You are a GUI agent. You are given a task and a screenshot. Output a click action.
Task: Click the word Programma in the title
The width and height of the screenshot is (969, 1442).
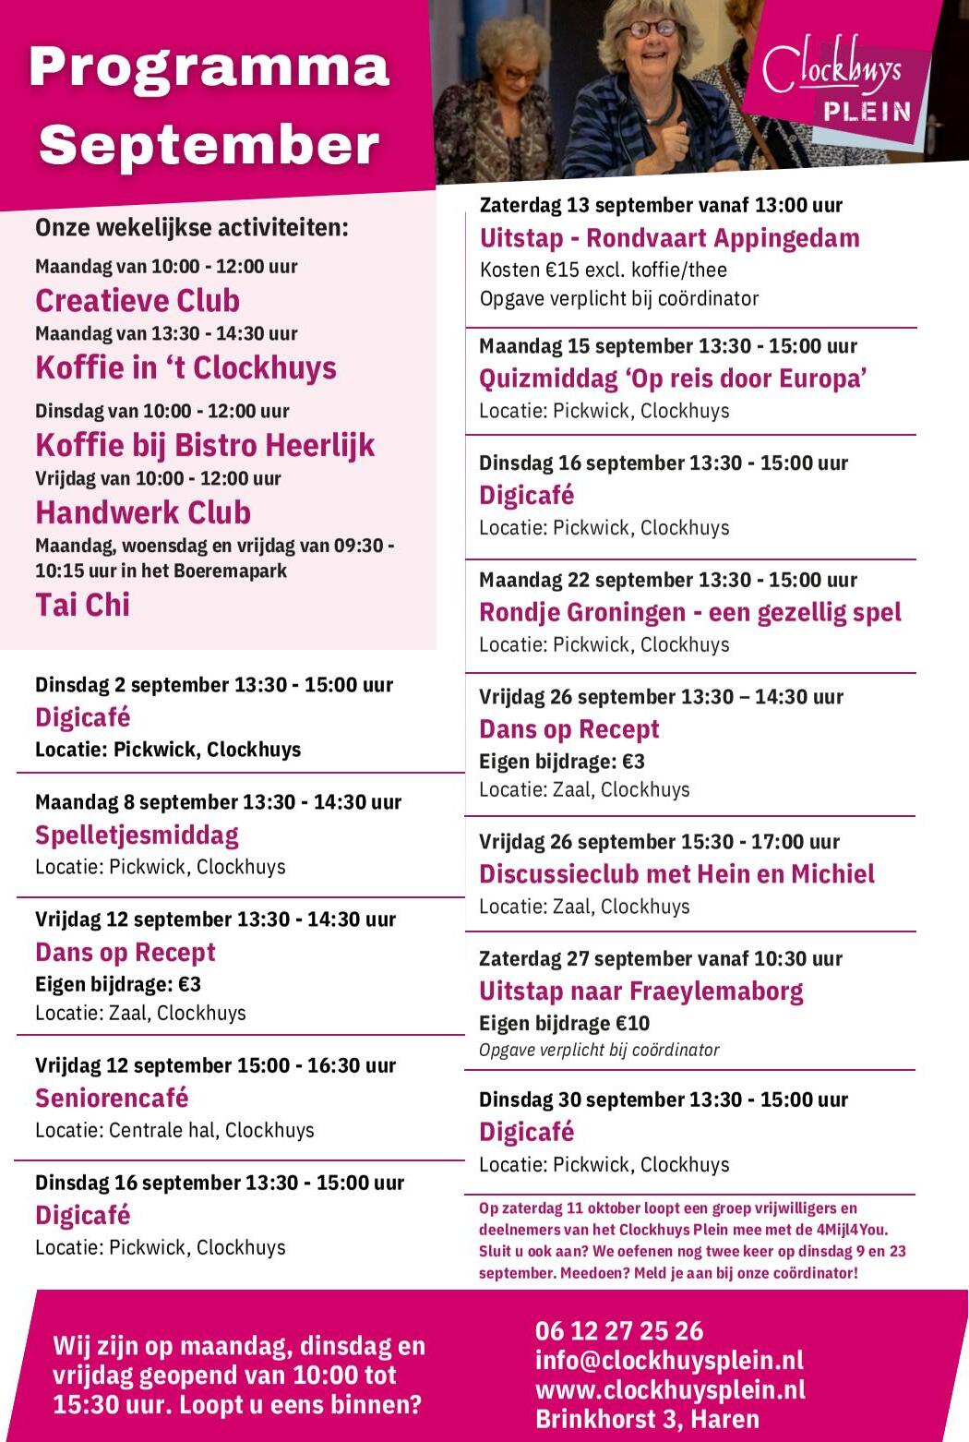coord(209,67)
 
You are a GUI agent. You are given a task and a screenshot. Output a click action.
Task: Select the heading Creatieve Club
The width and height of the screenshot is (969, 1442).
coord(138,301)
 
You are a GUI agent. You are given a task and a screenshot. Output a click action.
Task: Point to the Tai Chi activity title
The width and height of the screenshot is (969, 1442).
coord(82,606)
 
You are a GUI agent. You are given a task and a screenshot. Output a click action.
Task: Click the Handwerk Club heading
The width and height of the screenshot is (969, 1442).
coord(143,513)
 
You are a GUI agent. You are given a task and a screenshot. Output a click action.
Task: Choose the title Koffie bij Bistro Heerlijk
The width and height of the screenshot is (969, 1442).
coord(205,446)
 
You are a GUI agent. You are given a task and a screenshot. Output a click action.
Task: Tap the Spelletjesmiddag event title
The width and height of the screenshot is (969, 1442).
coord(137,835)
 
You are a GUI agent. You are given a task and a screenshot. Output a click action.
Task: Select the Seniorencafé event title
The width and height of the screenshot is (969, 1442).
coord(112,1099)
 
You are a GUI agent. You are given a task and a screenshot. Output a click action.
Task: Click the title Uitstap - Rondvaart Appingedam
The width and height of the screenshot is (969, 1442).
coord(669,238)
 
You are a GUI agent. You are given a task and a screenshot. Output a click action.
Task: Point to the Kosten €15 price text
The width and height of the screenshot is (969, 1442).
coord(603,270)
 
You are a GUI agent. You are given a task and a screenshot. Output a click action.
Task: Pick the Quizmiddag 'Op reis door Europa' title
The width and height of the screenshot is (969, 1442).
coord(673,379)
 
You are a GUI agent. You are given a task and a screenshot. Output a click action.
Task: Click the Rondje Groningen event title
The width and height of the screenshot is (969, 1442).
coord(689,613)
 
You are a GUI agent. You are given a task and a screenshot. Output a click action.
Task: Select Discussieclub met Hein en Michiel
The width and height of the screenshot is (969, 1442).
coord(676,874)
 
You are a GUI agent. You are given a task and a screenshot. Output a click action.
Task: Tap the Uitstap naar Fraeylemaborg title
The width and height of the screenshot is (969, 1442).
coord(640,991)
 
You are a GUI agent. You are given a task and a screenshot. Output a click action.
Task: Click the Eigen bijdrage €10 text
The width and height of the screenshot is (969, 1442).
coord(564,1023)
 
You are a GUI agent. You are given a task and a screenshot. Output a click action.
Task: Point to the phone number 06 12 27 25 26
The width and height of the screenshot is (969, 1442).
coord(618,1330)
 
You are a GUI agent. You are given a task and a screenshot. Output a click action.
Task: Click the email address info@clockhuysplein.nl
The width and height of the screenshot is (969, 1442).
coord(669,1360)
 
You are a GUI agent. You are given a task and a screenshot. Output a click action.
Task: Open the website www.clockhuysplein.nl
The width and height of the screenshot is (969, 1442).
coord(670,1389)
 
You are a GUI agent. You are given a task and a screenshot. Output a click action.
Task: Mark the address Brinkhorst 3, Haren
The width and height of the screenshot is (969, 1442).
coord(647,1419)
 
